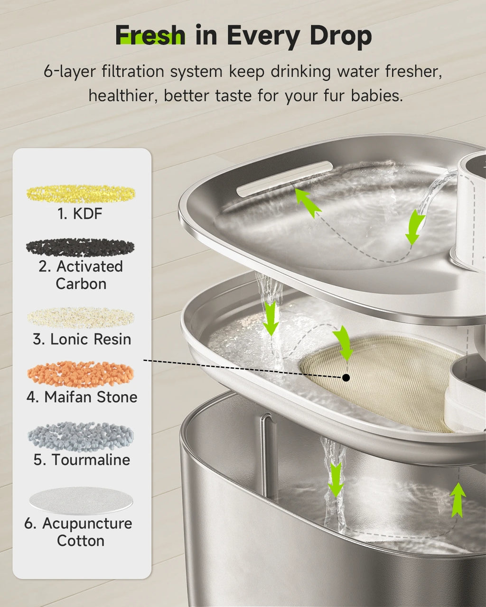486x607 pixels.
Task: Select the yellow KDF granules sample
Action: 81,193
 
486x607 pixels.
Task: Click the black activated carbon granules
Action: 80,247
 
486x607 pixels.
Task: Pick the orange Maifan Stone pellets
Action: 81,374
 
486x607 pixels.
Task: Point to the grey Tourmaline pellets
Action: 81,436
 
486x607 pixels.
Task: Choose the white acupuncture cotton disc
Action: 81,500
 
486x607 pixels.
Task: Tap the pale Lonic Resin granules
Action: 81,318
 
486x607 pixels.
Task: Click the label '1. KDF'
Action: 80,214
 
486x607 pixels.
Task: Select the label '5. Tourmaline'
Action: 82,460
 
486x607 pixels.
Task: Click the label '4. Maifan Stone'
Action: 82,397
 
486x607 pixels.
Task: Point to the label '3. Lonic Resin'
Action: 82,339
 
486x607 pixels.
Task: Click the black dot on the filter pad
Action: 346,377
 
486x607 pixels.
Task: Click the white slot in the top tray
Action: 285,178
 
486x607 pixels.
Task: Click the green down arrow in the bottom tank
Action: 336,479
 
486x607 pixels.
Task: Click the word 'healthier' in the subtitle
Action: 122,96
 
